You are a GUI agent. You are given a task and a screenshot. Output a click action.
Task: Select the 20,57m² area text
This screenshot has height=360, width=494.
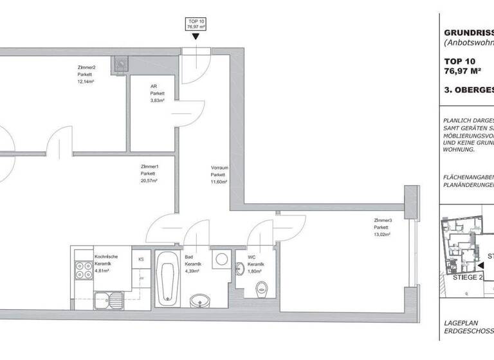click(149, 181)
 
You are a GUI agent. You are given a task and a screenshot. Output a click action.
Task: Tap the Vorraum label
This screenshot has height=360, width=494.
click(219, 168)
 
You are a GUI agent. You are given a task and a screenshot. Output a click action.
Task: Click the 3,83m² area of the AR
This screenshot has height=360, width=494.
click(158, 101)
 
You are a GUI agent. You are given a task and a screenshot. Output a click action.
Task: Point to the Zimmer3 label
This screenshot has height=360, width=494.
click(383, 221)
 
